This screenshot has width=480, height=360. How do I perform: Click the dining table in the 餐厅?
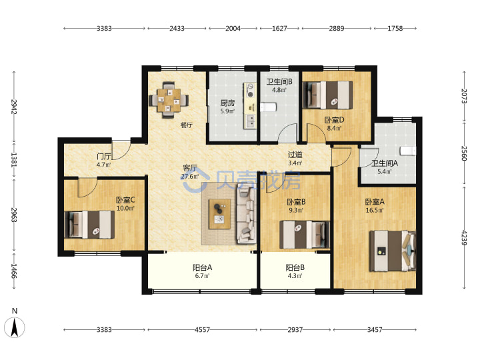tap(169, 99)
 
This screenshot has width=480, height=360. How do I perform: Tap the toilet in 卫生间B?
tap(269, 107)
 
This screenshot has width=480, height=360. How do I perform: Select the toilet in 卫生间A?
tap(408, 151)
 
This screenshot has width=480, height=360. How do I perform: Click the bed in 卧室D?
tap(327, 95)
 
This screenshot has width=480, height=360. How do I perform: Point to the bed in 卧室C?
tap(90, 225)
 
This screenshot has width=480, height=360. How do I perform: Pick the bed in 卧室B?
tap(305, 235)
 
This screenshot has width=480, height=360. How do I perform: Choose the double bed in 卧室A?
tap(393, 251)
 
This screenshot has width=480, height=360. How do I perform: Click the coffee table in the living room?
tap(219, 214)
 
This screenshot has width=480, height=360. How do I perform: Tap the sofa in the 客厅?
tap(246, 215)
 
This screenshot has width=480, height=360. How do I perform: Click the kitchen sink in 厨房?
tap(250, 121)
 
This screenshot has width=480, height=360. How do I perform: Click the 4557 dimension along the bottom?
tap(203, 330)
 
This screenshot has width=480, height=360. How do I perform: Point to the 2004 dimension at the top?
tap(233, 29)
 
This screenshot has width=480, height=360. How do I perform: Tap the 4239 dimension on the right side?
tap(464, 237)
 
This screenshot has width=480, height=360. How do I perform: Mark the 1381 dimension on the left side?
tap(14, 159)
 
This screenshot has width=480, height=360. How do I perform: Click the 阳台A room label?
tap(203, 267)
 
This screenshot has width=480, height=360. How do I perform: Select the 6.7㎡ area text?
tap(203, 276)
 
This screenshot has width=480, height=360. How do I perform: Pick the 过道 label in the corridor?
tap(295, 155)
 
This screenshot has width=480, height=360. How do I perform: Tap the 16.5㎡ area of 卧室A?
tap(375, 210)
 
